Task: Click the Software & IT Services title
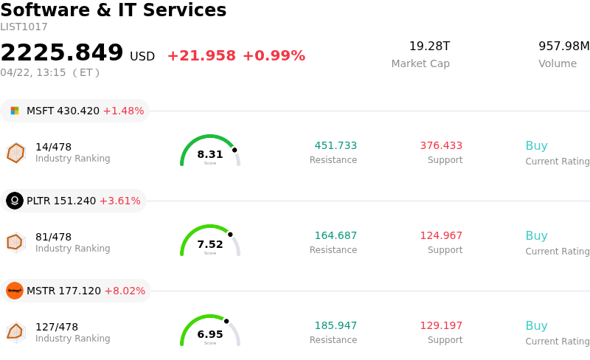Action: click(x=114, y=11)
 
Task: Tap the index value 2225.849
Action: click(x=62, y=53)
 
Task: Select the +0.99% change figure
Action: click(x=274, y=56)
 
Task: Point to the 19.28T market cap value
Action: click(x=429, y=46)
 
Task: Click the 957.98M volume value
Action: click(x=563, y=46)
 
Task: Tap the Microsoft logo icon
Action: click(x=15, y=111)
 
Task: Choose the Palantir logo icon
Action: click(x=15, y=201)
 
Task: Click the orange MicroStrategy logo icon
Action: click(x=15, y=291)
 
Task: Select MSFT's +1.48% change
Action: click(x=123, y=111)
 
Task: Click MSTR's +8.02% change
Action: click(x=125, y=291)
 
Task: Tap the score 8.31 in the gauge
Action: click(x=210, y=154)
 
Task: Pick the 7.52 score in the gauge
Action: click(x=210, y=244)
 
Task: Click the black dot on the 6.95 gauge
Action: click(x=226, y=321)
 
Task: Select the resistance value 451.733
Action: click(x=336, y=145)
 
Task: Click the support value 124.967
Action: click(x=441, y=235)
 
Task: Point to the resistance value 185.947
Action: click(x=336, y=325)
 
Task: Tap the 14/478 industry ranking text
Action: click(x=53, y=147)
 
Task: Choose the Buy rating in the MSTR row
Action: click(x=536, y=325)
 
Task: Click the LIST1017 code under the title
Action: click(x=24, y=27)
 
